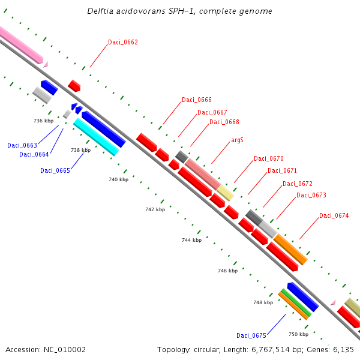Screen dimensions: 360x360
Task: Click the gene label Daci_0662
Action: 123,42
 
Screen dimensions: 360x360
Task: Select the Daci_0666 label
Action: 197,100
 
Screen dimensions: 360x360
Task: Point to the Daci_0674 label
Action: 334,215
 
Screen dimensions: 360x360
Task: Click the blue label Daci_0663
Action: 22,145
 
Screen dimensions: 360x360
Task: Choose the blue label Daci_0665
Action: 55,170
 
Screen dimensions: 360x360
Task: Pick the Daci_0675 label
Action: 251,335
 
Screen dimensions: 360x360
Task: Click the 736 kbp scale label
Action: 44,121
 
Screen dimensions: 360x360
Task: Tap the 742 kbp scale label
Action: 155,209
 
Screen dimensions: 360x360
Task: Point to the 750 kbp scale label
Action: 298,334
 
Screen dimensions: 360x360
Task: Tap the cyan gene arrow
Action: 95,137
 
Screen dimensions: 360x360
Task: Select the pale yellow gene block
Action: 225,193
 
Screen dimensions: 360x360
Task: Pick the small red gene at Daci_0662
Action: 74,86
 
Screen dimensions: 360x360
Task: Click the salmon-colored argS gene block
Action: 202,174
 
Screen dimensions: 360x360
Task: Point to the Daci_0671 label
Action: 282,170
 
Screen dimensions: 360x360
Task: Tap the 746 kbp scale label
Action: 227,271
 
